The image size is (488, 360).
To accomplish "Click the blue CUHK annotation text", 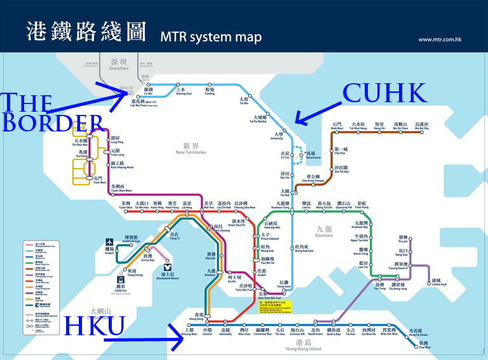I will pos(385,93).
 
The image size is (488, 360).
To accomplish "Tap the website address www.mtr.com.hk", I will pos(439,40).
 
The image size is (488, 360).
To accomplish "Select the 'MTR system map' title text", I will pos(211,37).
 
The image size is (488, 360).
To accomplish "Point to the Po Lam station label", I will pos(403,240).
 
